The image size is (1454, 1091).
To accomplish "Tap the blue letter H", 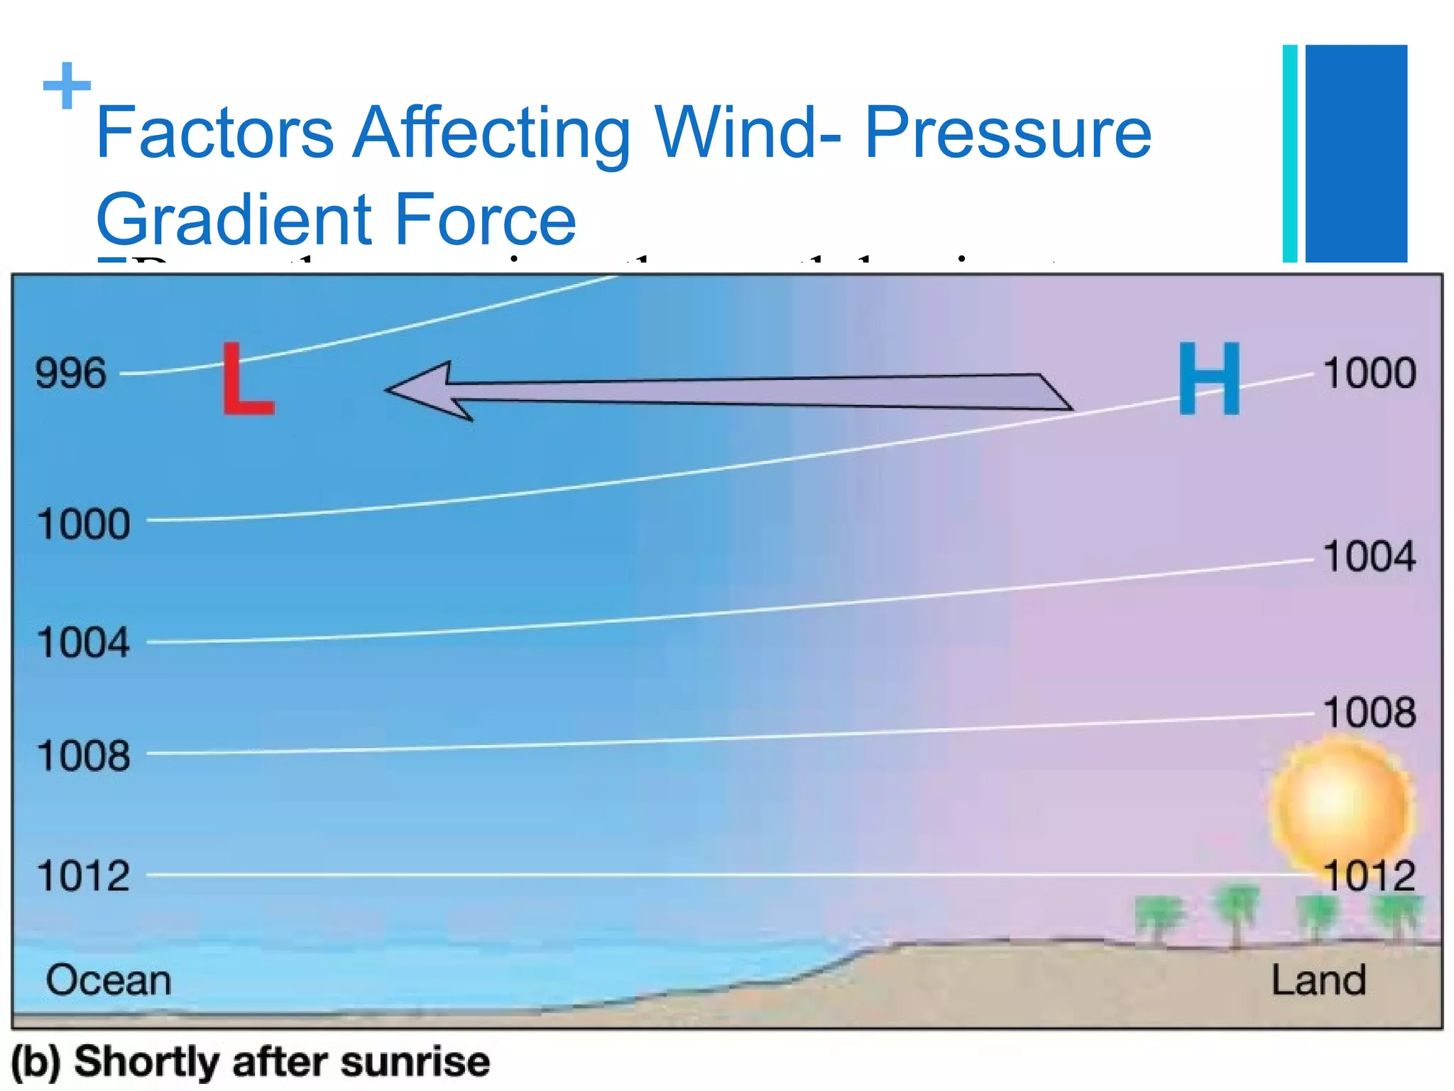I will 1209,378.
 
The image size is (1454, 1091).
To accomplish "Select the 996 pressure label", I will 71,373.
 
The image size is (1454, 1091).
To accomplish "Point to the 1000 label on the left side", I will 84,524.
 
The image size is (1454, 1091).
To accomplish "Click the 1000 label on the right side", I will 1370,373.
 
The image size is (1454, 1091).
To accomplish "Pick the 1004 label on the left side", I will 84,643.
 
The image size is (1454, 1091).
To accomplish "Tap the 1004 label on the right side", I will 1370,556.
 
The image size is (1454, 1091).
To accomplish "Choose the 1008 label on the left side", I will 84,755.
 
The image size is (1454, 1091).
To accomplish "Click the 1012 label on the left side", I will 84,875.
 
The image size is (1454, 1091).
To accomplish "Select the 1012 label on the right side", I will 1370,876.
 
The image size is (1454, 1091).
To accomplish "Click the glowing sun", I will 1338,803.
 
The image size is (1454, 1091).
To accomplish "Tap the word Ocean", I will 109,980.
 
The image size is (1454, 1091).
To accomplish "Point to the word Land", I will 1318,980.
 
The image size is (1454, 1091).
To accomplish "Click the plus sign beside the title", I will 67,85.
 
